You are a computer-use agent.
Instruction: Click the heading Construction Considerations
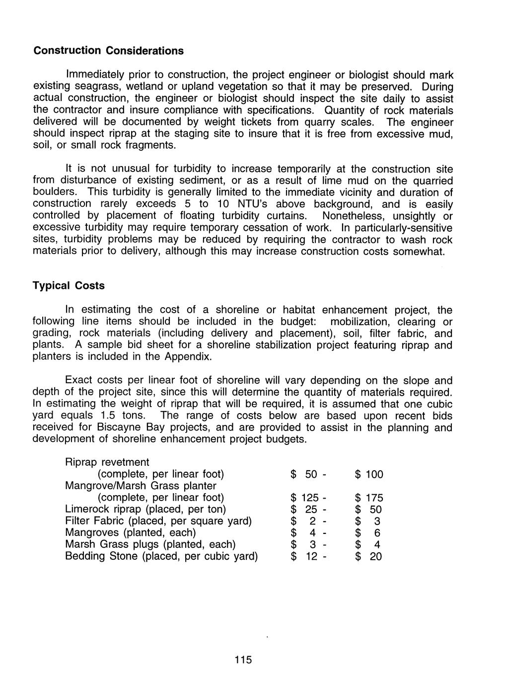(108, 51)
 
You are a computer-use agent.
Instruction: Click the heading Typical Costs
(69, 286)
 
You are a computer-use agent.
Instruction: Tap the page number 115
(243, 660)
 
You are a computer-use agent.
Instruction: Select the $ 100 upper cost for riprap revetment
(369, 474)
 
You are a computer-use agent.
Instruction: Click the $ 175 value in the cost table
(369, 498)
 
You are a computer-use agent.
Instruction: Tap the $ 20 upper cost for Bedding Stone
(369, 556)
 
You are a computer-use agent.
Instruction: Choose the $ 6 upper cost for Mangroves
(369, 533)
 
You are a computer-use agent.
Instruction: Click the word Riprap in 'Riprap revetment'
(81, 462)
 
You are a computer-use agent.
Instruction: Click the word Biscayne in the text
(119, 428)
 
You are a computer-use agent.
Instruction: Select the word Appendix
(189, 357)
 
